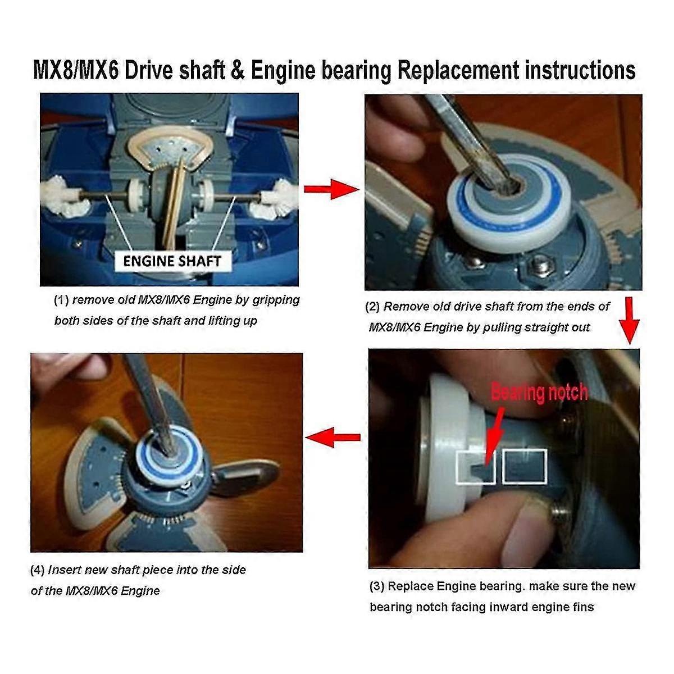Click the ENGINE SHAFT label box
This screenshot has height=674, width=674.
point(172,261)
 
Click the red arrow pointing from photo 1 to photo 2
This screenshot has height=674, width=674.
point(331,189)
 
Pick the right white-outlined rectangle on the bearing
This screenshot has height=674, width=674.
point(525,466)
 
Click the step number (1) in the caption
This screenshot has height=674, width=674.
point(61,300)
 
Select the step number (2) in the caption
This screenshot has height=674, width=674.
point(372,307)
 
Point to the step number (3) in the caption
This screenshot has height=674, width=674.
point(377,586)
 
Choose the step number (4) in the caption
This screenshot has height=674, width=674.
point(37,570)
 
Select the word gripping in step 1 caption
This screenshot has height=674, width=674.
point(276,299)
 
